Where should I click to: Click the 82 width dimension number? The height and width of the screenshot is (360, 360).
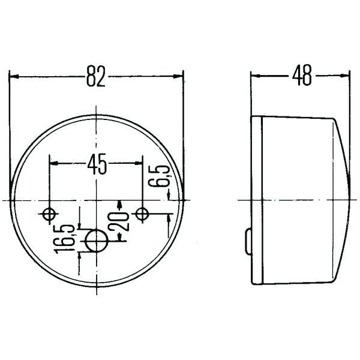click(96, 77)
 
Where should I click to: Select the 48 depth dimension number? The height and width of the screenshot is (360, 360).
click(302, 77)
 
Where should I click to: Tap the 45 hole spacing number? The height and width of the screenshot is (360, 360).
click(97, 163)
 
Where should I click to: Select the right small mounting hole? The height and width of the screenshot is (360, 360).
click(142, 214)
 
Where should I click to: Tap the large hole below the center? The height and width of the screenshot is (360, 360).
click(96, 242)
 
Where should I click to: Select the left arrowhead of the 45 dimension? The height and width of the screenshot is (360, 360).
click(55, 163)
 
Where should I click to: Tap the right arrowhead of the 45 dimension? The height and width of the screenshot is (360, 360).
click(138, 163)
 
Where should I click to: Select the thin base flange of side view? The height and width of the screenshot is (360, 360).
click(259, 198)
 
